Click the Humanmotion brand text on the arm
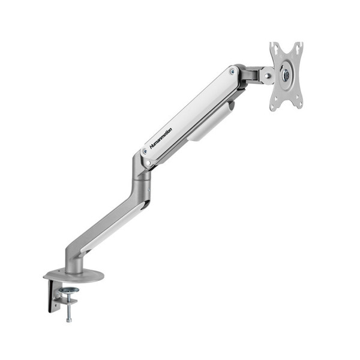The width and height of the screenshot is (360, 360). tap(161, 139)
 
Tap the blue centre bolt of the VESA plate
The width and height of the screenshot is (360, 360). tap(286, 75)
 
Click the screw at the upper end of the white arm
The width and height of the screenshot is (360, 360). tap(233, 72)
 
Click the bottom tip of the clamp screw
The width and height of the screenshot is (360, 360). tap(68, 319)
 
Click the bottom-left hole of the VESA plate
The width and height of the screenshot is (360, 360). tap(274, 106)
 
